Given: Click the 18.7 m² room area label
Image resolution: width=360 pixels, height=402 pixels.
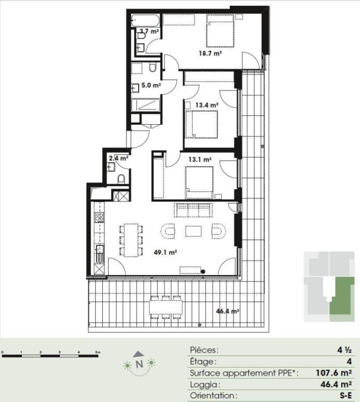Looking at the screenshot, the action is coord(211,54).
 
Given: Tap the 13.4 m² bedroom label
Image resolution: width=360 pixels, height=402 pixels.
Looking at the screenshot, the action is coord(207,105).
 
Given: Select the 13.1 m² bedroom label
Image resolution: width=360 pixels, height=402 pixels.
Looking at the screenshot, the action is coord(200,160).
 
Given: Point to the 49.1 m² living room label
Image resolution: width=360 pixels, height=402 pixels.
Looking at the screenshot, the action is coord(166,252).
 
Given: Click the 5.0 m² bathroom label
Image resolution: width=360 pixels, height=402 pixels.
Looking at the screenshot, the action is coord(151,85).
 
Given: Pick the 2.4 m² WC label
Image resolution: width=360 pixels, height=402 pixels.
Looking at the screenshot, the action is coord(118,158).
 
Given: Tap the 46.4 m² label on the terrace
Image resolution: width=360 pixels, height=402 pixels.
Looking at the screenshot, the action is coord(228,311).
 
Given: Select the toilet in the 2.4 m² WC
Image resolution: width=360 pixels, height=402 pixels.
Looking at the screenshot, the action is coord(122,179).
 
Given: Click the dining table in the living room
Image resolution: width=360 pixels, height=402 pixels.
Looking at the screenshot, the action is coord(131,240).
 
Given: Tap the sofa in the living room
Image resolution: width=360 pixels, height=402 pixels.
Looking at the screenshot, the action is coord(193,210).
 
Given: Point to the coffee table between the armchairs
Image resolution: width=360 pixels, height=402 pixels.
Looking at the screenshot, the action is coord(193,231).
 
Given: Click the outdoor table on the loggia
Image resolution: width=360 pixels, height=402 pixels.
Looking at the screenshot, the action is coord(166,307).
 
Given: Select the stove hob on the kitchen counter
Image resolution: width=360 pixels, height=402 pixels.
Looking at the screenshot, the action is coord(100,217).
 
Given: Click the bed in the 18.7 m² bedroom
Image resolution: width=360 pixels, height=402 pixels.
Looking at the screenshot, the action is coord(221,31).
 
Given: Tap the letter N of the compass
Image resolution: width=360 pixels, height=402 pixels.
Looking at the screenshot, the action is coord(139,364).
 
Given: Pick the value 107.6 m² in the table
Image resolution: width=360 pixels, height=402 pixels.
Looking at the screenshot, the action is coord(334,373).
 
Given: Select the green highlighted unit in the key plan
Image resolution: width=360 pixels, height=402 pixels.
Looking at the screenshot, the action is coord(342,297).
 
